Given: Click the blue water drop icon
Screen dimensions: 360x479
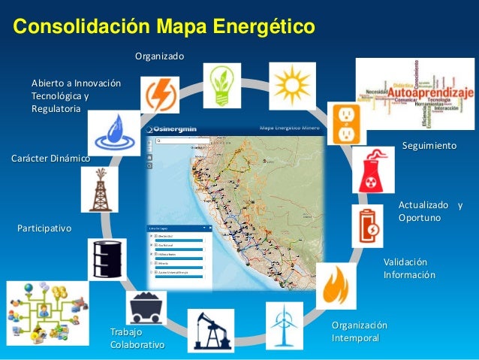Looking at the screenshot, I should pos(113,132).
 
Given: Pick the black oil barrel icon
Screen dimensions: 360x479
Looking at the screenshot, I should pos(107,259).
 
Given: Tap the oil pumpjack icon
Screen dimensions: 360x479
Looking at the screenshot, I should pos(210,328).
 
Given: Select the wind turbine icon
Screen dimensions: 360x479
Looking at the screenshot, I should pos(285,325).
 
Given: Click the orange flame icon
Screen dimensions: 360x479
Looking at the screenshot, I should pos(336,286).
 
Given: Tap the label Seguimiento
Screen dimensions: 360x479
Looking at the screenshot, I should pos(429,144).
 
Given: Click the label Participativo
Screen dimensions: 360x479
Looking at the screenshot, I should pos(44,227).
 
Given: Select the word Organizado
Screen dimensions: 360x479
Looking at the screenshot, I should pos(159,56).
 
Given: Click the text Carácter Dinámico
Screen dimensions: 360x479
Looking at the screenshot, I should pos(50,159).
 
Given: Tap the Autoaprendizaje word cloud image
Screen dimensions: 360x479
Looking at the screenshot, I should pos(414,93).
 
